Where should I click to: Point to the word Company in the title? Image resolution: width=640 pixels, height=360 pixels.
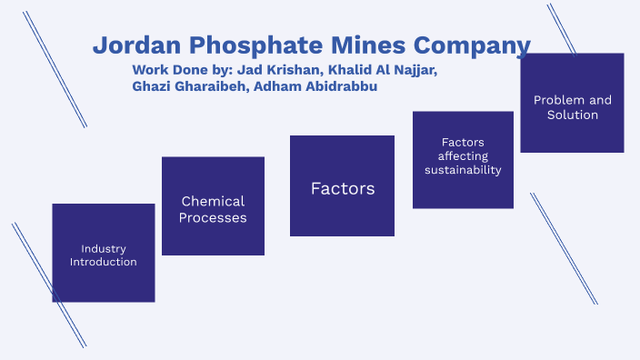[474, 45]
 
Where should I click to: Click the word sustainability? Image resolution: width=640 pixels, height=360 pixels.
[463, 170]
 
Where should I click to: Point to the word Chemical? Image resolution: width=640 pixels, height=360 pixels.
[213, 201]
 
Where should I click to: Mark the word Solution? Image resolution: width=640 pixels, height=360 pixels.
[573, 115]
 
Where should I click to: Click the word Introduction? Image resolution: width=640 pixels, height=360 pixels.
[103, 262]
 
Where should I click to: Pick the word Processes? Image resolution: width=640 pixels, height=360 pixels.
[213, 218]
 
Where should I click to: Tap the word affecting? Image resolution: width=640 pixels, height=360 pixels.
[463, 156]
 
